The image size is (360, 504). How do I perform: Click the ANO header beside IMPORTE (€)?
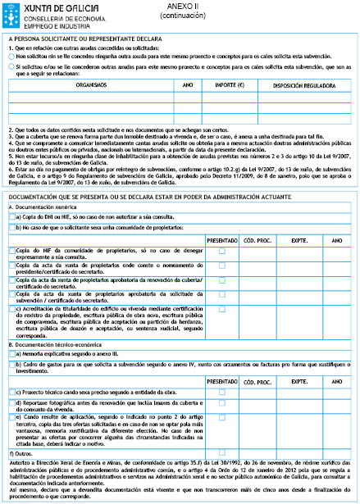click(187, 84)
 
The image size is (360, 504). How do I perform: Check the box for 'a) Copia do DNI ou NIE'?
click(10, 217)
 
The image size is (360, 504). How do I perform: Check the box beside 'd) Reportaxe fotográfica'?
click(10, 403)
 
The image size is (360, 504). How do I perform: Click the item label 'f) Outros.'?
click(21, 452)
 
